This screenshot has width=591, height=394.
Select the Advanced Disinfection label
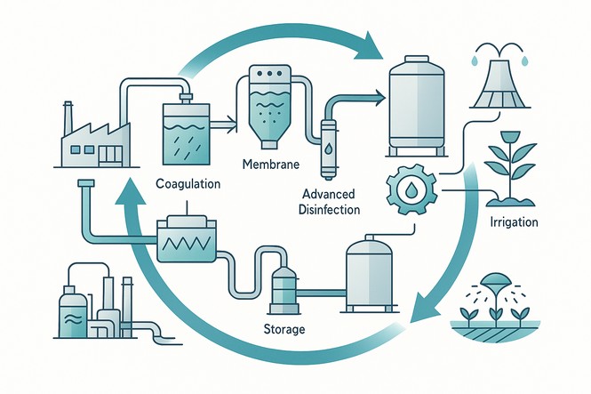(x=330, y=203)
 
